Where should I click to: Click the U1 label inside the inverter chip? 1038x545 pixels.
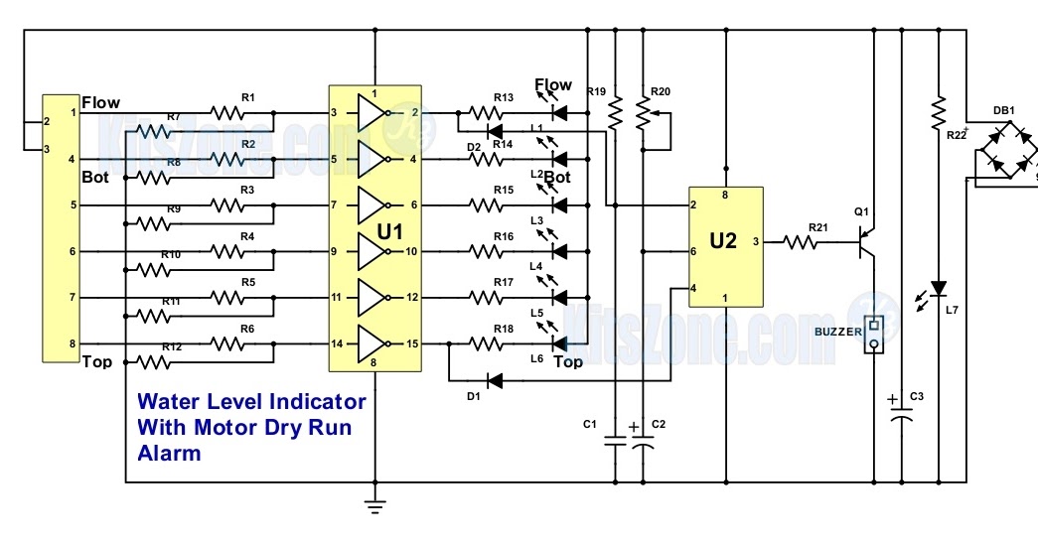pyautogui.click(x=389, y=233)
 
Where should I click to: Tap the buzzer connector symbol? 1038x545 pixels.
pyautogui.click(x=874, y=335)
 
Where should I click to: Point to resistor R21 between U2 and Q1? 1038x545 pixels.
pyautogui.click(x=803, y=240)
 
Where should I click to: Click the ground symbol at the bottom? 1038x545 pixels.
pyautogui.click(x=374, y=507)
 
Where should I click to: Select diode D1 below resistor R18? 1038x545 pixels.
pyautogui.click(x=493, y=380)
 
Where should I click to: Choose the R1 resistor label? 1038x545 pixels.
pyautogui.click(x=248, y=97)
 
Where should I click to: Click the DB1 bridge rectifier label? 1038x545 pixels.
pyautogui.click(x=1003, y=110)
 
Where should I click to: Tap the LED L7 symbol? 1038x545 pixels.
pyautogui.click(x=937, y=288)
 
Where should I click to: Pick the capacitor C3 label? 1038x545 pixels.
pyautogui.click(x=916, y=398)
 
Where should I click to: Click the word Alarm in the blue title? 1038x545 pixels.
pyautogui.click(x=169, y=454)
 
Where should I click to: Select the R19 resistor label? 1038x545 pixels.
pyautogui.click(x=596, y=92)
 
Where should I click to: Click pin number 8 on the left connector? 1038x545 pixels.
pyautogui.click(x=72, y=343)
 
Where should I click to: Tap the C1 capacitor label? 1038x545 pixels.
pyautogui.click(x=589, y=425)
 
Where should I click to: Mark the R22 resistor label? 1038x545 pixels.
pyautogui.click(x=956, y=135)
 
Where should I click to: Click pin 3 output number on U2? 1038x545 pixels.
pyautogui.click(x=757, y=241)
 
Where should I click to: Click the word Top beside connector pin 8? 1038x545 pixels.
pyautogui.click(x=96, y=361)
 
